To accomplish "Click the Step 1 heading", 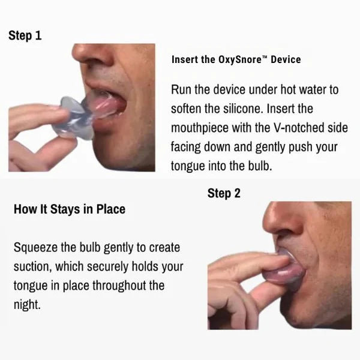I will point(25,35).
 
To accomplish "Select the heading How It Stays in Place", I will point(69,209).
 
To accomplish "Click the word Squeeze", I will point(35,247).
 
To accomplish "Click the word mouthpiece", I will point(202,128).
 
